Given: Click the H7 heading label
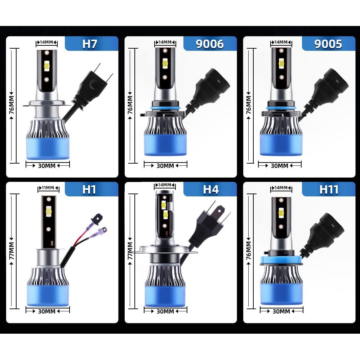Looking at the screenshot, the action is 90,44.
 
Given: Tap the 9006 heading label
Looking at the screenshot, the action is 210,44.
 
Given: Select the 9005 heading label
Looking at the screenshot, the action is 328,44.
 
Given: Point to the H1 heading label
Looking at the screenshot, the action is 89,189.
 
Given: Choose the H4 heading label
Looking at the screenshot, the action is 211,189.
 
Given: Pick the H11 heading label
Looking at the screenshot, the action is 329,189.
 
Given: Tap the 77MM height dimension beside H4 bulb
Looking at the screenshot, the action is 130,251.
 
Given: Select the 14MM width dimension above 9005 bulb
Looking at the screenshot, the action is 281,43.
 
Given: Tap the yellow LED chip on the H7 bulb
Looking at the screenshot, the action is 46,66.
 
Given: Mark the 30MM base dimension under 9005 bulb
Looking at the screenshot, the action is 280,166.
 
